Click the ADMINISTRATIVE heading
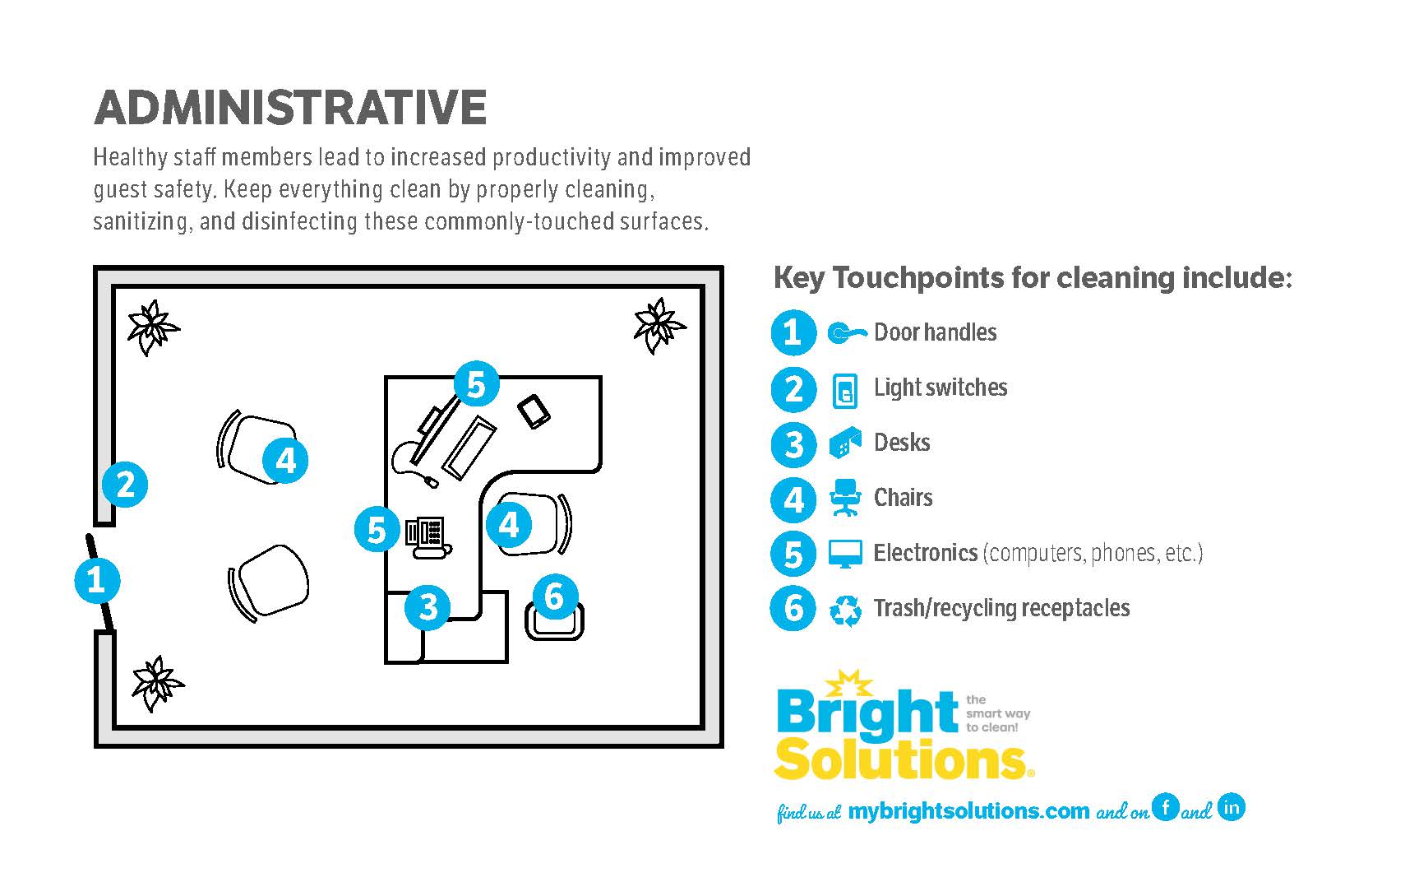290,107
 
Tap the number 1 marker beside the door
97,580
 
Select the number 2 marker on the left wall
125,485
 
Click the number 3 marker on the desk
428,607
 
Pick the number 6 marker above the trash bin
555,597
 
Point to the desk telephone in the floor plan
428,538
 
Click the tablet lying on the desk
534,412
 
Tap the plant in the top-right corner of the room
659,326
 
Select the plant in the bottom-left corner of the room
157,683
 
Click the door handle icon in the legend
847,332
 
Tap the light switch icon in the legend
844,391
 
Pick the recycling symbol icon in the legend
845,610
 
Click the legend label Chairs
904,498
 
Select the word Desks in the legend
902,443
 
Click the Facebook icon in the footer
1166,806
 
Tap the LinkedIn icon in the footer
1232,806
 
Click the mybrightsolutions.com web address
968,811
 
